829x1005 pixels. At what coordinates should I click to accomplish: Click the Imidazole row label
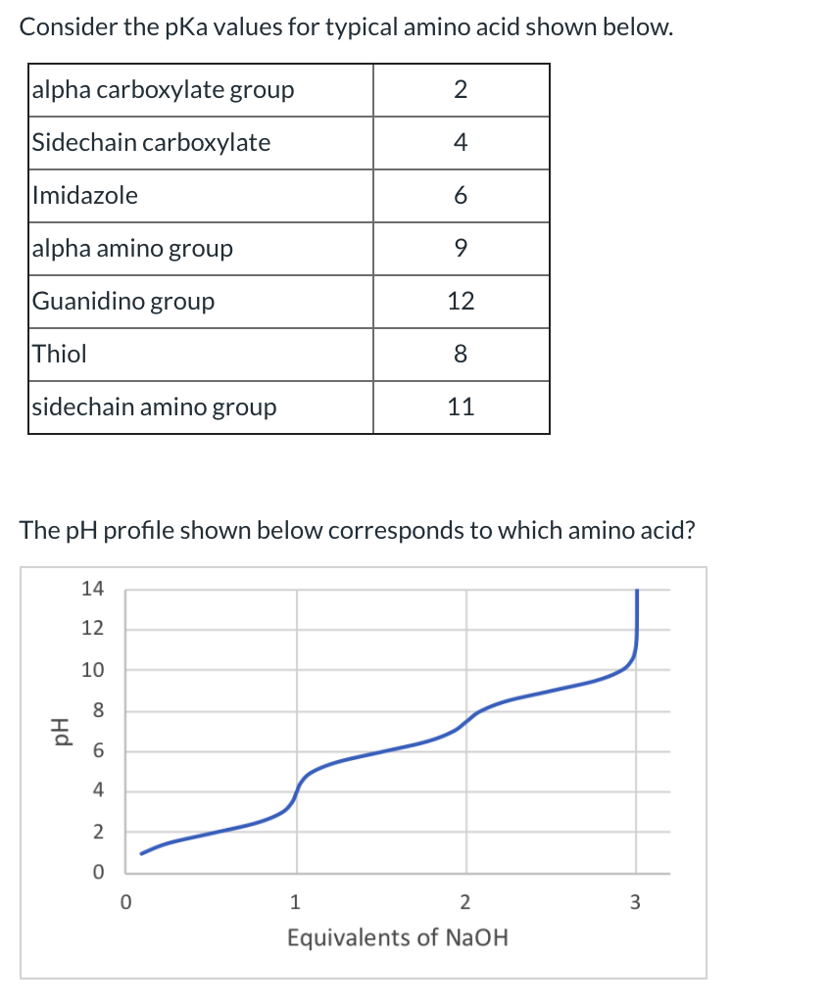coord(85,195)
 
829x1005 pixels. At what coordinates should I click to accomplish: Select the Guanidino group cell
coord(123,301)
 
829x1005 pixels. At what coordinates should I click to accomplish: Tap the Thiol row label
coord(60,354)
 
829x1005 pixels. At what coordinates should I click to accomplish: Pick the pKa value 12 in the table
coord(461,301)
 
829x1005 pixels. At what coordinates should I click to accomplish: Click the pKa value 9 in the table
coord(461,248)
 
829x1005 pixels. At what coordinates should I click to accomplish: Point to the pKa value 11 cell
coord(461,407)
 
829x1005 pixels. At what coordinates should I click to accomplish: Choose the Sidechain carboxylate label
coord(151,142)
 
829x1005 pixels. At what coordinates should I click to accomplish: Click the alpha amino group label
coord(132,248)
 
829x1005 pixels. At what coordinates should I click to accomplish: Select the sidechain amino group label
coord(154,407)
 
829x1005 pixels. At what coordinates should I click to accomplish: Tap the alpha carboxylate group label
coord(163,90)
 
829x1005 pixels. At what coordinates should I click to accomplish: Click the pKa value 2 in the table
coord(461,90)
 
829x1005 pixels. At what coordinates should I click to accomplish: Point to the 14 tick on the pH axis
coord(93,589)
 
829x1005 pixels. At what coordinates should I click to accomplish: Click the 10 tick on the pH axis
coord(93,671)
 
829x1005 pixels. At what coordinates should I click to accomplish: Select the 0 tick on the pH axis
coord(98,872)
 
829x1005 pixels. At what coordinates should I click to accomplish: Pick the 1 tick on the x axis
coord(296,901)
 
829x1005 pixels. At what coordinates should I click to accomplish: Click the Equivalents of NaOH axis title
coord(398,937)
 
